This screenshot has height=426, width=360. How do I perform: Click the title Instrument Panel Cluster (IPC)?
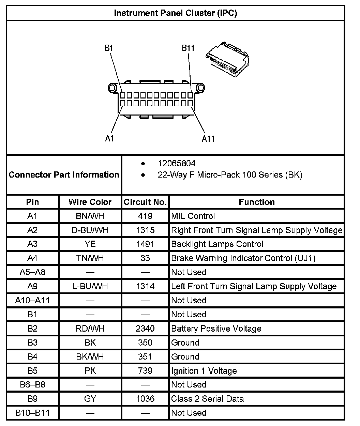point(175,13)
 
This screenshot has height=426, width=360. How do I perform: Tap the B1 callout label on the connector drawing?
point(108,48)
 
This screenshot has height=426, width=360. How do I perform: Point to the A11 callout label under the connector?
point(208,139)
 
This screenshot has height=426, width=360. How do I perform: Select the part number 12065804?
point(176,164)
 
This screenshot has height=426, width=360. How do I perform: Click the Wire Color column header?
point(90,202)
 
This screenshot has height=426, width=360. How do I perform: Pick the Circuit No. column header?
point(145,202)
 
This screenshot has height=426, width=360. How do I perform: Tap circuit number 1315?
point(145,230)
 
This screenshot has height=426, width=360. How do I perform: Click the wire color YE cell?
point(90,244)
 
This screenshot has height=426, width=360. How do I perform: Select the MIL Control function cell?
point(193,216)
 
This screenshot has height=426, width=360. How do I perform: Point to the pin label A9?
point(32,286)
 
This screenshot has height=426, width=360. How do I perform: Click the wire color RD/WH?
point(90,329)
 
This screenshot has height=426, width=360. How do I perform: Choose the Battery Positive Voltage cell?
point(216,329)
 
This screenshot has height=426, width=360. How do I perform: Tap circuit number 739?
point(145,371)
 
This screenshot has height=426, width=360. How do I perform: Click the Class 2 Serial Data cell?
point(207,399)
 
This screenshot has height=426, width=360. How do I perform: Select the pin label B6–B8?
point(32,385)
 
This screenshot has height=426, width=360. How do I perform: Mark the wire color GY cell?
point(90,399)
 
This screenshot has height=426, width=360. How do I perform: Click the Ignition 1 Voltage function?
point(204,371)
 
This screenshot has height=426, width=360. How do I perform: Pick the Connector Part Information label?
point(64,175)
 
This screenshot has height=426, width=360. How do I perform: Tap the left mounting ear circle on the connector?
point(112,88)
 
